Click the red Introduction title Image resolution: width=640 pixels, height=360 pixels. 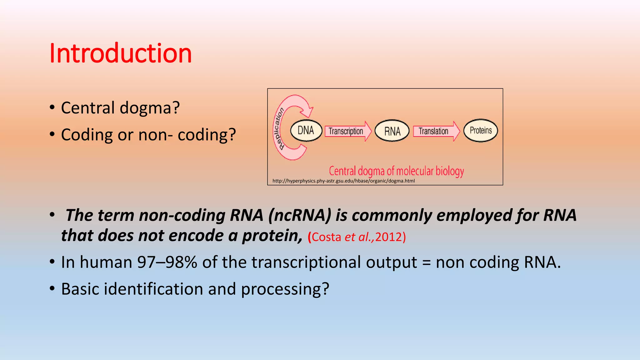tap(120, 53)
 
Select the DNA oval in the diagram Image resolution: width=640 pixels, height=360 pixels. tap(306, 131)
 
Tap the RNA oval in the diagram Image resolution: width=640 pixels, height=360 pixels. tap(392, 131)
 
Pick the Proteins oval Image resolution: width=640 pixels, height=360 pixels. tap(481, 131)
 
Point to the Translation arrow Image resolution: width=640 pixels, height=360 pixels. tap(436, 131)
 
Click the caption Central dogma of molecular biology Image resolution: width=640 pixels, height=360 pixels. tap(396, 171)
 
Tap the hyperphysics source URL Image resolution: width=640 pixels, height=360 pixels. tap(343, 181)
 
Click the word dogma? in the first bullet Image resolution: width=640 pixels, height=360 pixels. tap(150, 108)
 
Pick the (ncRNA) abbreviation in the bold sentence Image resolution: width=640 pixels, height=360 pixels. tap(300, 215)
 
